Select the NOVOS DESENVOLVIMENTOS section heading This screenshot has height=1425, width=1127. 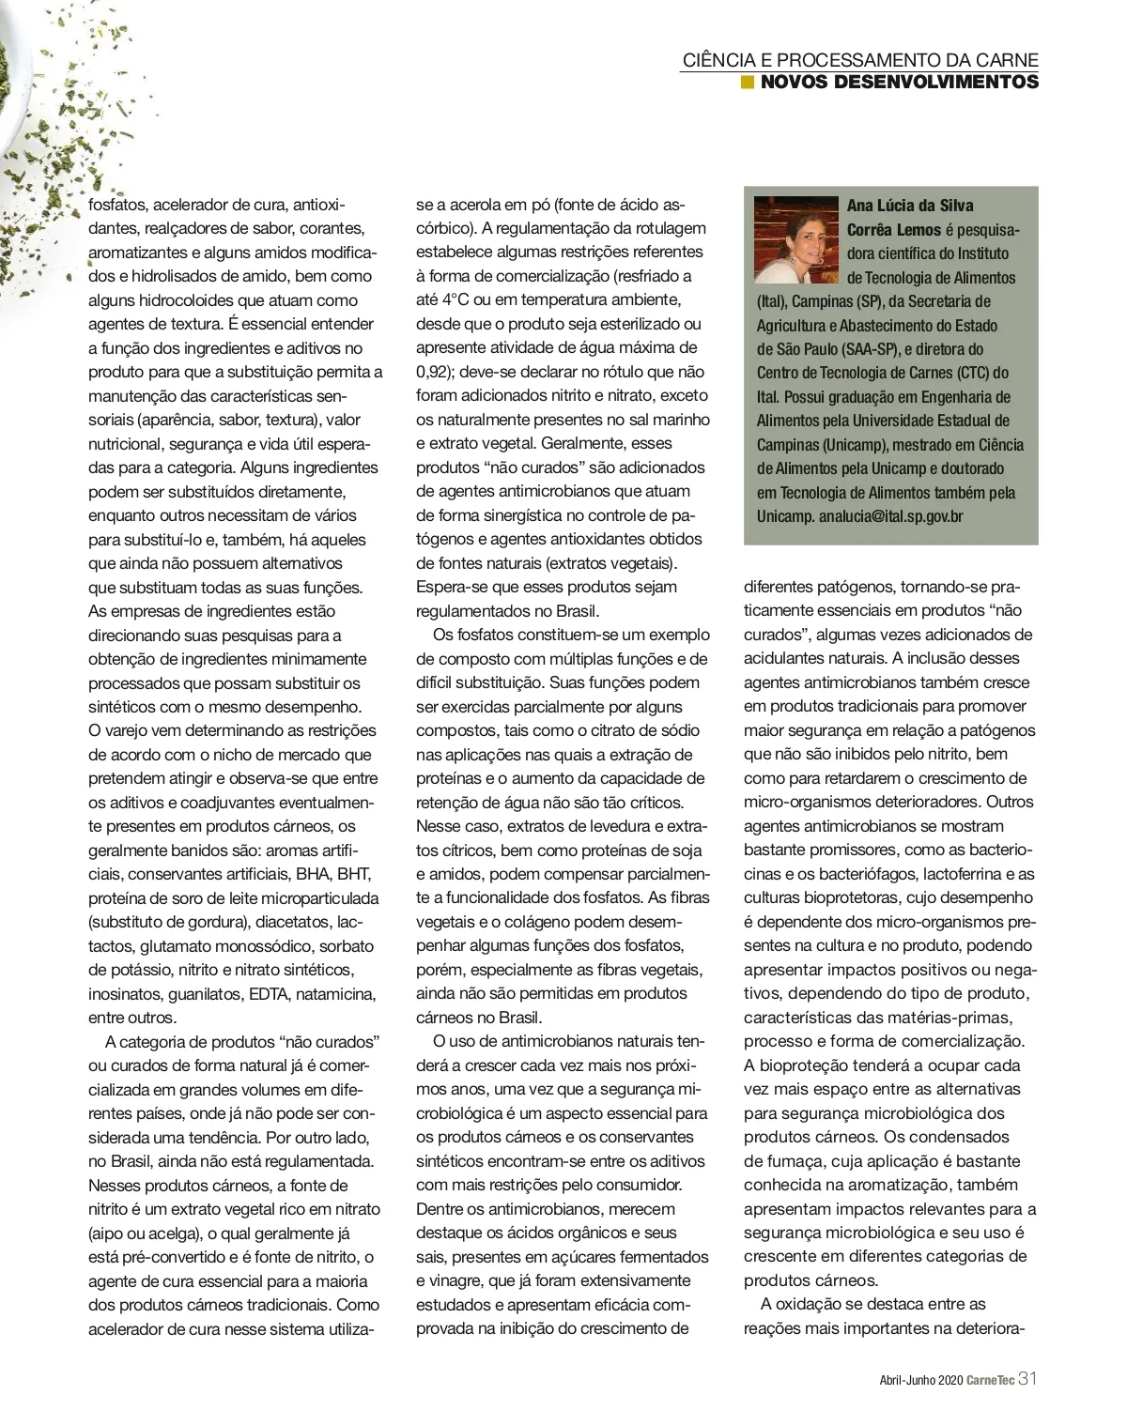(899, 83)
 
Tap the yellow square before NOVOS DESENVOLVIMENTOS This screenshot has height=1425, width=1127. (748, 83)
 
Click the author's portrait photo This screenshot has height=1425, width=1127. (795, 239)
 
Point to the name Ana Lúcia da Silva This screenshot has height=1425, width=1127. (910, 206)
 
